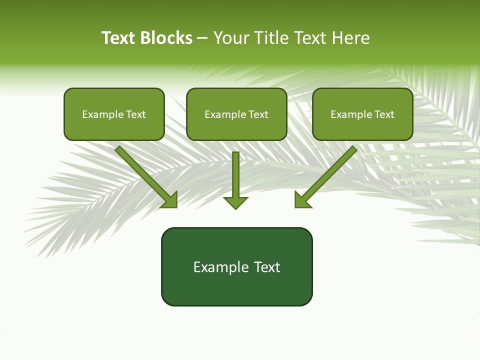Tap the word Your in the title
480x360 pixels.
pyautogui.click(x=232, y=38)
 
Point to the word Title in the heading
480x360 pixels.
pyautogui.click(x=271, y=38)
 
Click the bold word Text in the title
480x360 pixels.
pyautogui.click(x=119, y=38)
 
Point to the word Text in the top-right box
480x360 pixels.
pyautogui.click(x=384, y=114)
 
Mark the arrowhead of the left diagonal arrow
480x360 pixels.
pyautogui.click(x=170, y=200)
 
